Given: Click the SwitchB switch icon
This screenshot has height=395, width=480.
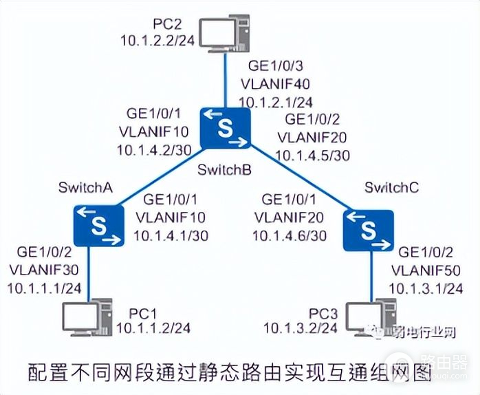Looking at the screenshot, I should [x=226, y=128].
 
